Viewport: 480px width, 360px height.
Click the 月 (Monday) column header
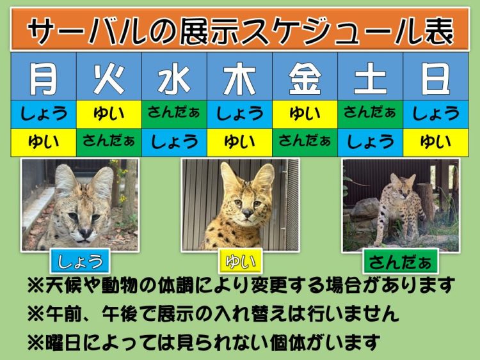[x=44, y=77]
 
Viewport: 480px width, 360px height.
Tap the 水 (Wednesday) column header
[x=174, y=77]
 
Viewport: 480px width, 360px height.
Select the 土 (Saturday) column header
[x=370, y=77]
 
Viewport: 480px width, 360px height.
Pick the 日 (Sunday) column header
[x=436, y=77]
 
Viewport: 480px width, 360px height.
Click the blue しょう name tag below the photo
[x=80, y=262]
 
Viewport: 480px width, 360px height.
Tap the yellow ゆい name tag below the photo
[x=240, y=262]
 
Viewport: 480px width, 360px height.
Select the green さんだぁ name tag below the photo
[x=401, y=262]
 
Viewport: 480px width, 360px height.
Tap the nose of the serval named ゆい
[x=247, y=212]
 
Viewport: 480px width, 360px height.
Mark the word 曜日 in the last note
[x=63, y=342]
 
